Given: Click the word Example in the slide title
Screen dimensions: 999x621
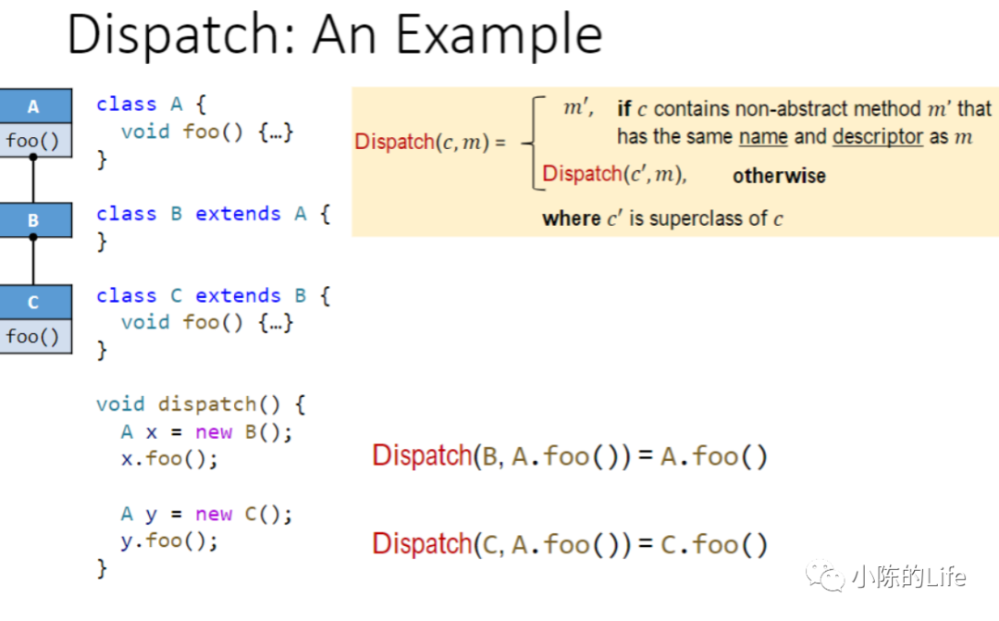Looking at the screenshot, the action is point(499,35).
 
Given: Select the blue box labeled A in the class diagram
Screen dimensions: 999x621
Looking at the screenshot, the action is point(34,106).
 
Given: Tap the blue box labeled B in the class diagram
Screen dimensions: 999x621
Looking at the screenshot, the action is point(34,221).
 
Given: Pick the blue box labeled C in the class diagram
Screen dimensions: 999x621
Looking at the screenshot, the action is point(34,303).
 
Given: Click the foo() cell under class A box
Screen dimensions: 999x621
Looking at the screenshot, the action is point(32,142).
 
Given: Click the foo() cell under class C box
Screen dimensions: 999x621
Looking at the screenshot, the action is point(32,336).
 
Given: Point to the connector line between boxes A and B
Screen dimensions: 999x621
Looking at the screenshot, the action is point(33,180).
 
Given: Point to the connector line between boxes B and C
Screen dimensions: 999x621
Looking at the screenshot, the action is point(33,262).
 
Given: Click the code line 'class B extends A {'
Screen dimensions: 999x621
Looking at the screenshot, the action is point(213,214).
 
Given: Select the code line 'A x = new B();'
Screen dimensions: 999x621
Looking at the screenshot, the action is point(205,432).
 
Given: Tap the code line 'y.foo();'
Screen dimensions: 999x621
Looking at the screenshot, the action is point(169,540).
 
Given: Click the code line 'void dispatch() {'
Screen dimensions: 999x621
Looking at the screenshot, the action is point(201,404).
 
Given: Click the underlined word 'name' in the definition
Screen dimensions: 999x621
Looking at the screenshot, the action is point(763,137).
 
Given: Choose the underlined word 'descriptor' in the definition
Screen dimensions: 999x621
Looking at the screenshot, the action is point(878,137).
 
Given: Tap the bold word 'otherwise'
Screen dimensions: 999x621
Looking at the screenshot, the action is point(779,176).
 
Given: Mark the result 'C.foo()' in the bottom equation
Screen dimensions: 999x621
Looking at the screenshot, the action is point(714,545).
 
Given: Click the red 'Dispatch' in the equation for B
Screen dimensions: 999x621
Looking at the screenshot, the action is point(422,456).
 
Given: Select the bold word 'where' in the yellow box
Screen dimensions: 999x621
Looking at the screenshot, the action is point(572,219).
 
